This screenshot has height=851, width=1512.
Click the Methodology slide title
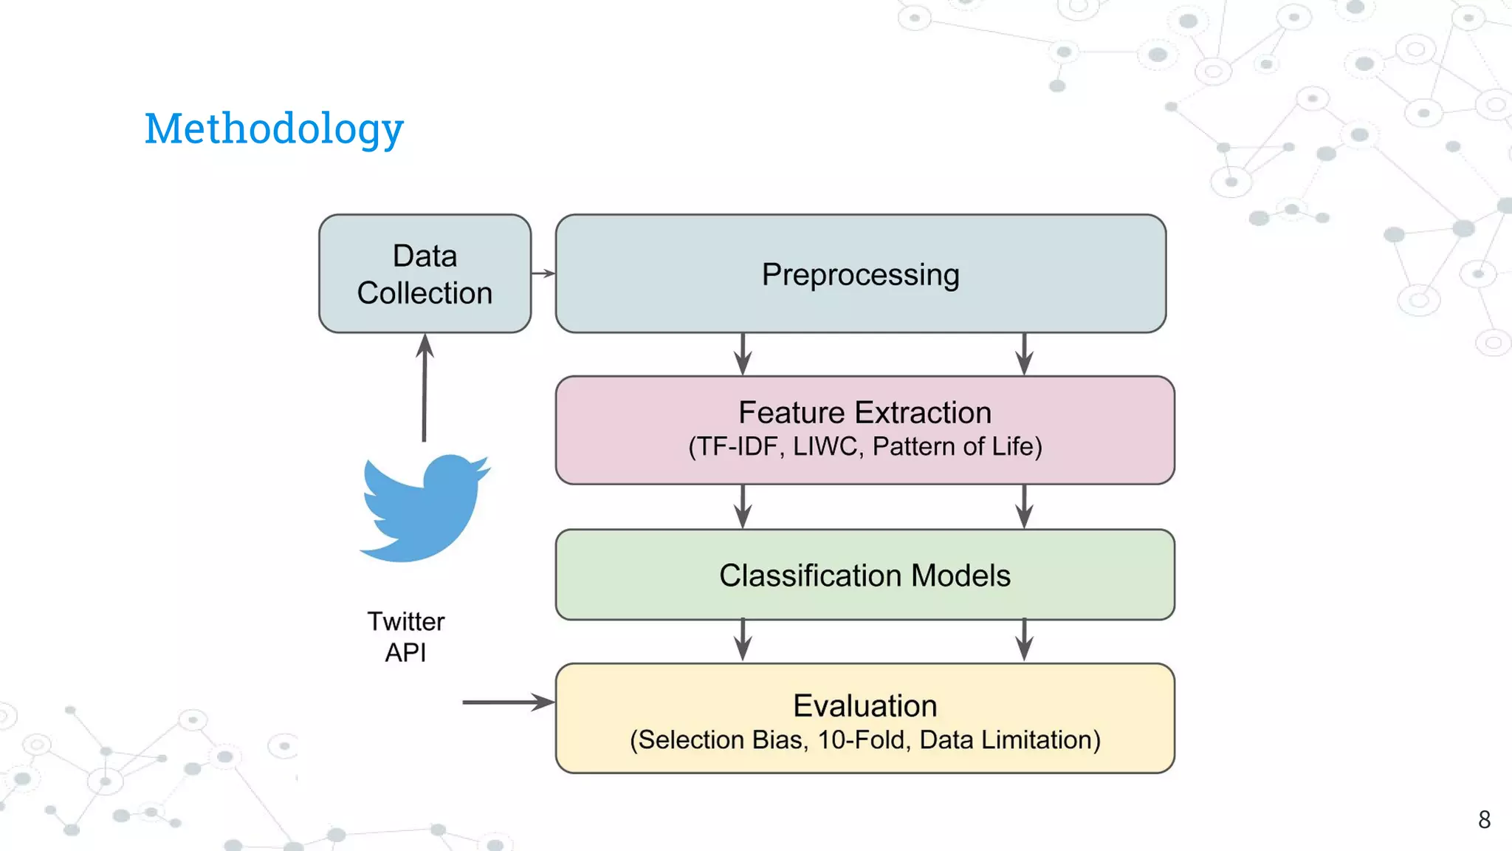pos(274,129)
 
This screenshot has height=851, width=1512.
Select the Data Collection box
pos(425,274)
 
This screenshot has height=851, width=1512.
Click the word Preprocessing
pos(860,275)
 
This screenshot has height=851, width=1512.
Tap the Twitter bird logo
pos(424,508)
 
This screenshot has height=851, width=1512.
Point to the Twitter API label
pos(406,637)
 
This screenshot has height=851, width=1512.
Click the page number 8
pos(1484,819)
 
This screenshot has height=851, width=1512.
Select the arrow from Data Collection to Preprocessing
pos(543,273)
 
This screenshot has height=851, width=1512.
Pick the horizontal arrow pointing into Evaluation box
pos(508,702)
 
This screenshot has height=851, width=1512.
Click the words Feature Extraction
pos(865,412)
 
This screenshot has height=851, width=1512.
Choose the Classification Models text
pos(865,575)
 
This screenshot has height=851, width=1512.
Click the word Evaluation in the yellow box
pos(865,705)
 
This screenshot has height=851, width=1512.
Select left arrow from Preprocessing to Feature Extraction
pos(743,354)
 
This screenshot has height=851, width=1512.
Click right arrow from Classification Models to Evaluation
pos(1024,640)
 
